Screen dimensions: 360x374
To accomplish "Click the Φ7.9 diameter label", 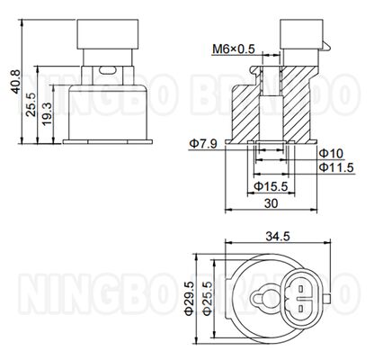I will click(202, 143).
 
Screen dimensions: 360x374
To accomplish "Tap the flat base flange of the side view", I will click(106, 142).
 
